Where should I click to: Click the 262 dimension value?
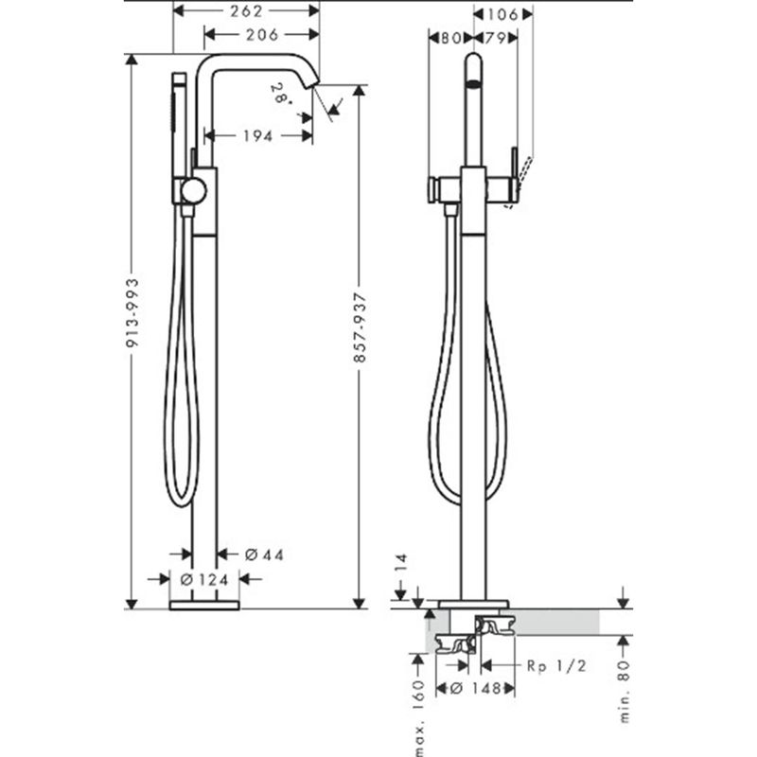246,11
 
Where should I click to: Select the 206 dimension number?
262,35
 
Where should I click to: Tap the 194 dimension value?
257,136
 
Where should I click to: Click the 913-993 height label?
132,312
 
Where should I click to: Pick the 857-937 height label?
361,327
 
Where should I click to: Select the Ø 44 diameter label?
264,555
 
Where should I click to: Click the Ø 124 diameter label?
204,579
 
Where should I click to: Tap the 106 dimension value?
502,14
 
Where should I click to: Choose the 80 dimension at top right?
451,38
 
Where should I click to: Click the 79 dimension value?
495,38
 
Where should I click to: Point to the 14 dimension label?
401,562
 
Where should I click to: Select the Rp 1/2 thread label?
556,666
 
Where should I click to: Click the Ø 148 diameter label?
476,689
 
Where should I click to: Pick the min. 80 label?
625,692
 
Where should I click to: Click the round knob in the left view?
194,190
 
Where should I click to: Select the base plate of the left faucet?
204,606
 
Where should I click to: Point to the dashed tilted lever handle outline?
518,183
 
